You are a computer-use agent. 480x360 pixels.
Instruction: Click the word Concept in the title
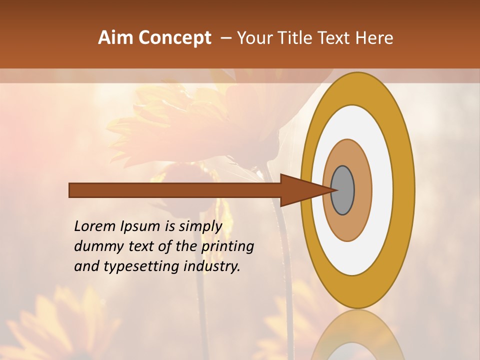(x=175, y=38)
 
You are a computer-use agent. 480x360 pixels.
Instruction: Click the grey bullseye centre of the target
(x=342, y=190)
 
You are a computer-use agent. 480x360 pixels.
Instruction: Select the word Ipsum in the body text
(x=139, y=227)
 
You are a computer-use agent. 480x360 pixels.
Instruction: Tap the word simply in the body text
(x=200, y=227)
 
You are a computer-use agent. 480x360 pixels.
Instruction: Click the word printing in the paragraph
(x=227, y=247)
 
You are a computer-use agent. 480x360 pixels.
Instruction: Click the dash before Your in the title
(x=226, y=38)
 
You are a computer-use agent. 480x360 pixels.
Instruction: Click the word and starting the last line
(x=85, y=266)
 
